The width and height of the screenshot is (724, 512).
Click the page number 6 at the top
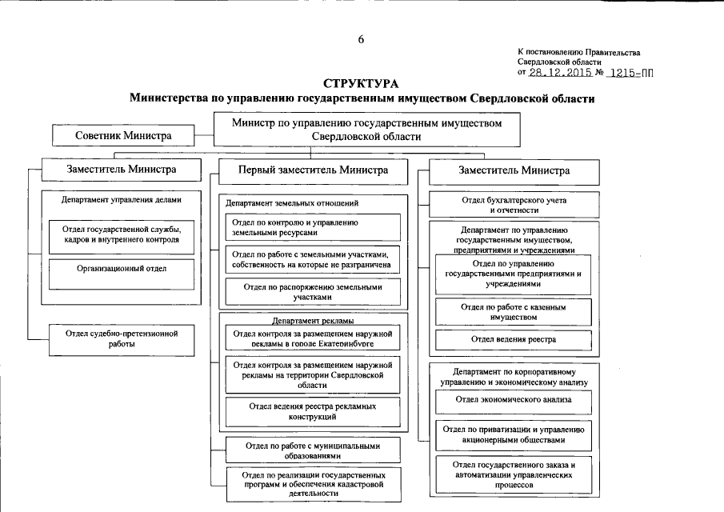pyautogui.click(x=361, y=40)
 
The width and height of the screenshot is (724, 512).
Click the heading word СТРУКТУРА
pyautogui.click(x=361, y=83)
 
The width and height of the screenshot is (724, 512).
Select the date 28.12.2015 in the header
pyautogui.click(x=560, y=72)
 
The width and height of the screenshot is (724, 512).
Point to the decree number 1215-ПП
pyautogui.click(x=631, y=72)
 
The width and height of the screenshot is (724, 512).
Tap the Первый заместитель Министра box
pyautogui.click(x=313, y=170)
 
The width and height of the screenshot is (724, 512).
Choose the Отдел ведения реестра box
pyautogui.click(x=514, y=339)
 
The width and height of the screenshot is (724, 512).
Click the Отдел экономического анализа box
pyautogui.click(x=514, y=398)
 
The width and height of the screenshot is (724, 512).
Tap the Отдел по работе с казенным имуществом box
pyautogui.click(x=514, y=311)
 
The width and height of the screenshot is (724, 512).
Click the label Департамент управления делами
pyautogui.click(x=122, y=200)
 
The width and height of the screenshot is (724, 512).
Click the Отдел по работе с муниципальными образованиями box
pyautogui.click(x=313, y=450)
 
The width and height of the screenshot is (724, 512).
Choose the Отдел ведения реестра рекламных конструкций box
pyautogui.click(x=313, y=411)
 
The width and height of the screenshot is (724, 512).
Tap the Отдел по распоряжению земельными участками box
pyautogui.click(x=313, y=291)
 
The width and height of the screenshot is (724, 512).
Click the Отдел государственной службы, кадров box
pyautogui.click(x=122, y=234)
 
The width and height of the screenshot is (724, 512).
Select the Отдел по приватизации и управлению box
pyautogui.click(x=514, y=434)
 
